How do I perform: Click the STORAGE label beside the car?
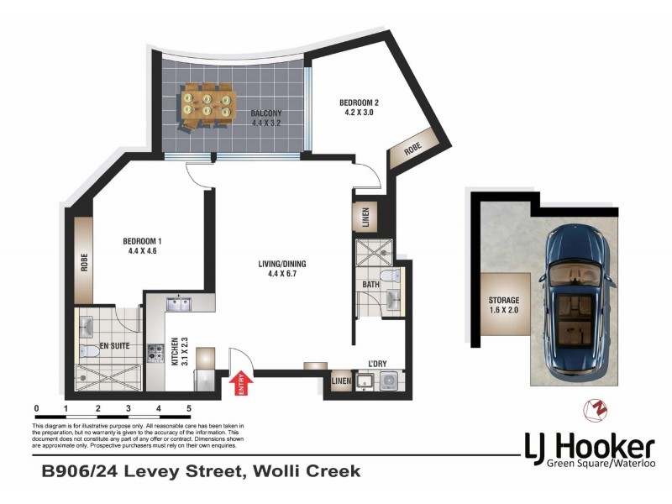tap(504, 300)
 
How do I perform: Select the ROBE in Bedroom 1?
tap(84, 260)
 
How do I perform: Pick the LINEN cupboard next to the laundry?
tap(339, 382)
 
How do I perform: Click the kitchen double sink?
tap(179, 303)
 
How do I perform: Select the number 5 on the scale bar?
tap(189, 409)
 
